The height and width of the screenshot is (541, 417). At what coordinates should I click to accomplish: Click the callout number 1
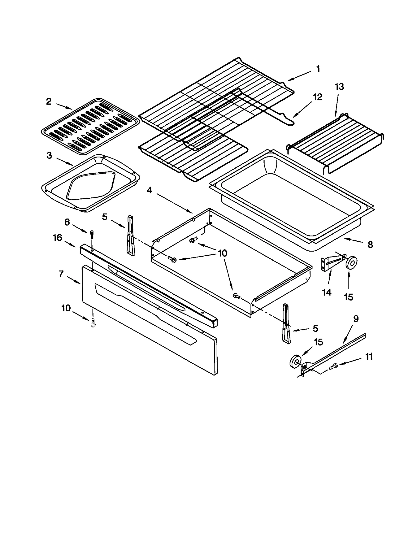318,69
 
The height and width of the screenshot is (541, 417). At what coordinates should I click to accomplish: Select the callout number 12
317,97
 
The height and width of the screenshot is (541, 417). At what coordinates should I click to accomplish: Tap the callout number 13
339,87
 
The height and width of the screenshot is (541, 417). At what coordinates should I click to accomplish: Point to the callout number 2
48,102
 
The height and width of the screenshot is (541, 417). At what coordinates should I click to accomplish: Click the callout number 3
49,156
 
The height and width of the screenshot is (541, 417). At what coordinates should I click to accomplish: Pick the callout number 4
149,190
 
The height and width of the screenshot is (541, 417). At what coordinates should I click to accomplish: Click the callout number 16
57,238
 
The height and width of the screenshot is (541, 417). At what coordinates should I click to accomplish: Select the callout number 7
61,274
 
